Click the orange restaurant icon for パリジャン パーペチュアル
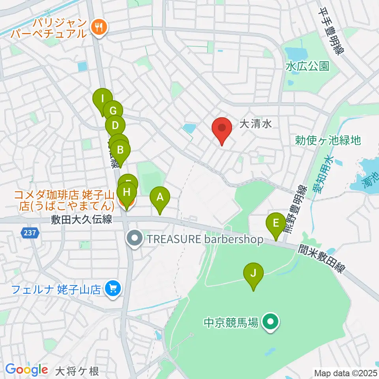click(98, 27)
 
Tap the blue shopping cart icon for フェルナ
click(112, 289)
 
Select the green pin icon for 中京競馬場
click(270, 323)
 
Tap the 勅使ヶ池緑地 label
click(328, 140)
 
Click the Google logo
click(27, 370)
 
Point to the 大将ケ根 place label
click(77, 371)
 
